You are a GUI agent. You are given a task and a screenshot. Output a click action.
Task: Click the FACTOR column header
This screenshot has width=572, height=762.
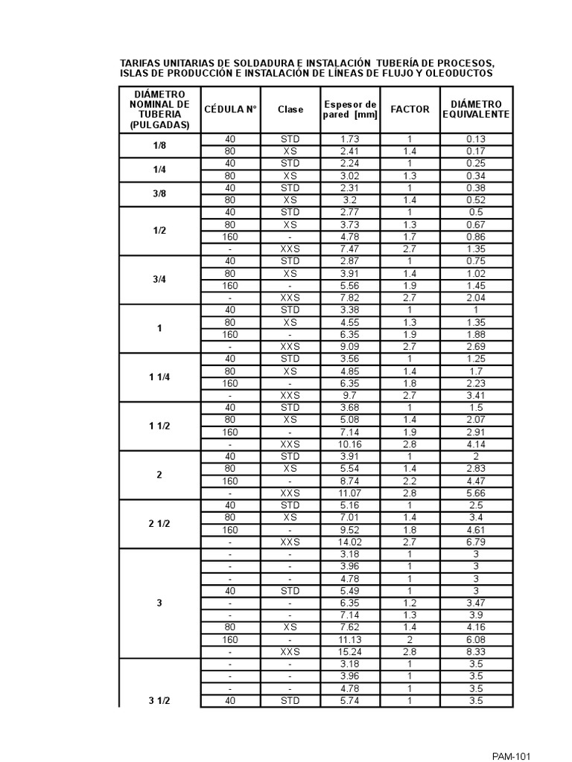pos(410,109)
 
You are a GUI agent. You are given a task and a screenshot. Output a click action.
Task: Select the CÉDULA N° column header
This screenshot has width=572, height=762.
pos(230,109)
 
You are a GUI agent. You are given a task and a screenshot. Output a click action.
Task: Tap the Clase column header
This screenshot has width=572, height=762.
pos(290,109)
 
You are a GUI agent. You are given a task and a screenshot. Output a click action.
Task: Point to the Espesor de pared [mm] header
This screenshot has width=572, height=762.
pos(349,109)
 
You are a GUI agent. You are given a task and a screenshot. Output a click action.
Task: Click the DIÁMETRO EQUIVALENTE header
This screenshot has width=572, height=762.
pos(477,109)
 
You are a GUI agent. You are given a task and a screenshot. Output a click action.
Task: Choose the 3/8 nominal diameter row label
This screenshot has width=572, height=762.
pos(159,194)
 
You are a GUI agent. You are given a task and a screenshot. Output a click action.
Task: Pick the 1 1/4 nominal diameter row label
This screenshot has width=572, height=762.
pos(159,377)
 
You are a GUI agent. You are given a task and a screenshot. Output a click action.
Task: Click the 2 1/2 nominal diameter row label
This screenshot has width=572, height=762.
pos(159,524)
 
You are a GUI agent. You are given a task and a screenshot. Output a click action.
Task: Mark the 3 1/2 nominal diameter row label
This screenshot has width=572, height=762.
pos(159,701)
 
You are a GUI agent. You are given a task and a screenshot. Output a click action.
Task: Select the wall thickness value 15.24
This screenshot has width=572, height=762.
pos(349,652)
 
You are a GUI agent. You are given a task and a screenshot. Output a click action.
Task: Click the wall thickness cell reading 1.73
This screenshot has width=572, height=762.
pos(349,139)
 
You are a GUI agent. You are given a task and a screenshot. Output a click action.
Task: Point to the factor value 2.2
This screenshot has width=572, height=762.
pos(410,481)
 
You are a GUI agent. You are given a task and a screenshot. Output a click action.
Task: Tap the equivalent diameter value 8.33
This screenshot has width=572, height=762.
pos(477,652)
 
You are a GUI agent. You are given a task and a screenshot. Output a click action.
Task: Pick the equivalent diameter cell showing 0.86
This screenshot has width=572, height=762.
pos(477,237)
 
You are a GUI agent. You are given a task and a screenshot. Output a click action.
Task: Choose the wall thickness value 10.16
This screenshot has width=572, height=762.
pos(349,444)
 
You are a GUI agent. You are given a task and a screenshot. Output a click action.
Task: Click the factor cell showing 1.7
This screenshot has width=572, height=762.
pos(410,237)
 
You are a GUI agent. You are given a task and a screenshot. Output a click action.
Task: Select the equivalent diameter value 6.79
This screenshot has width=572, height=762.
pos(477,542)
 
